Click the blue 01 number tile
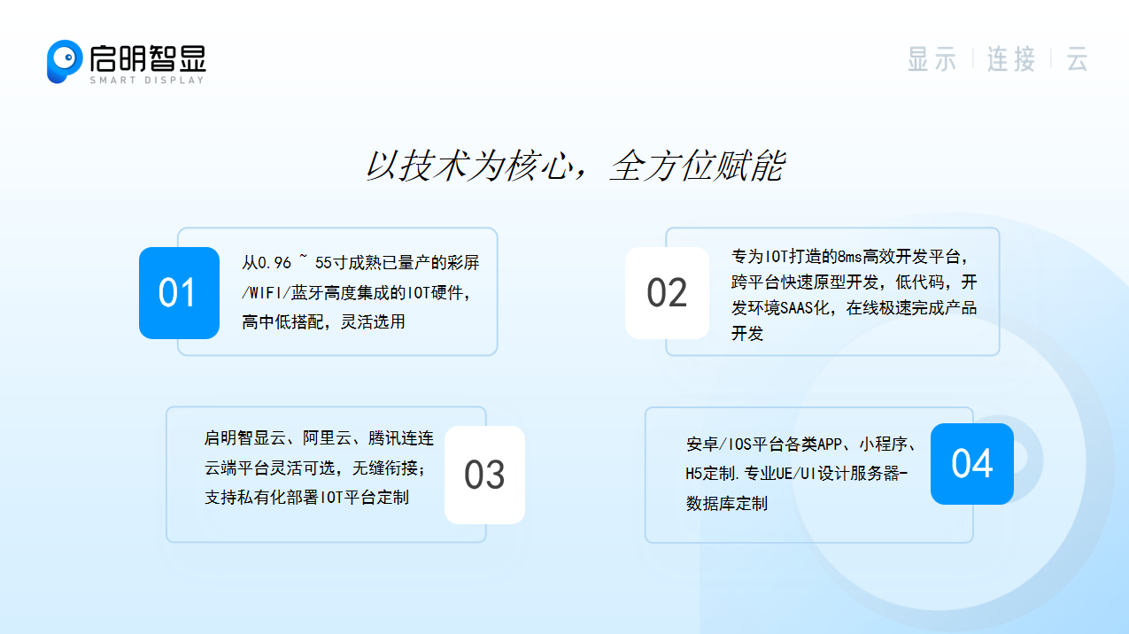179,293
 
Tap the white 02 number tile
667,293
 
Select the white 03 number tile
484,475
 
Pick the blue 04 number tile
971,464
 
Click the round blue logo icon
65,61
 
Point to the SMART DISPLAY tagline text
147,80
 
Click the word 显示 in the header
932,59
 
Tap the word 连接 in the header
1011,59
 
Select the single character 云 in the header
1077,59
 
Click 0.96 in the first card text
275,263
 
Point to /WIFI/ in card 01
267,292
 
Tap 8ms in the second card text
849,257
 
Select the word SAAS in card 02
796,307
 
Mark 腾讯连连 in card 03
401,438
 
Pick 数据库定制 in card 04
726,503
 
